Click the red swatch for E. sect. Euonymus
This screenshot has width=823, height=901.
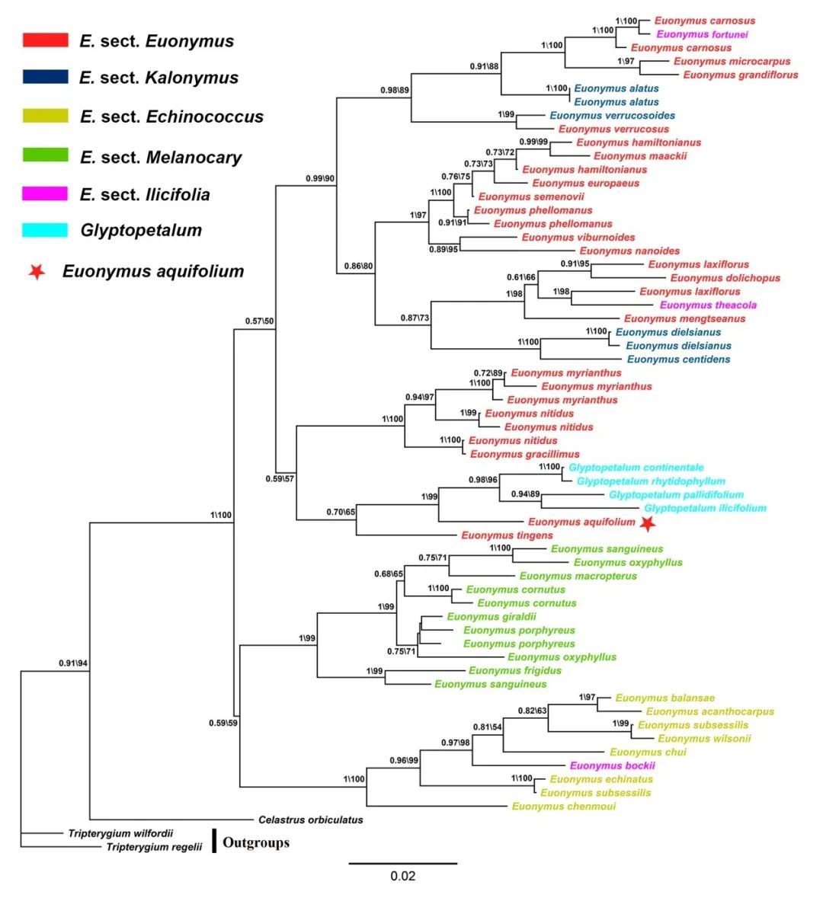[45, 40]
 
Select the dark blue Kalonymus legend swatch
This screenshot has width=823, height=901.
[45, 77]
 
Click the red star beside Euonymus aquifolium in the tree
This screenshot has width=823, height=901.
[648, 523]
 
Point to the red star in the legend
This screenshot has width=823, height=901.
[37, 271]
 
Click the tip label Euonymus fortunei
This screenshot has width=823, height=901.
[702, 34]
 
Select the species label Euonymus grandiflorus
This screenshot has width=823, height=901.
[740, 75]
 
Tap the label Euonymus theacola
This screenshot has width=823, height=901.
[708, 305]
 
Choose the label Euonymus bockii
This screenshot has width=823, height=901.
[612, 765]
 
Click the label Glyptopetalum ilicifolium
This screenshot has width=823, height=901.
[705, 508]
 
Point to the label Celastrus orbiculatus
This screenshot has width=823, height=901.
[310, 820]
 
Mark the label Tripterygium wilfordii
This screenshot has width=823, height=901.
[120, 833]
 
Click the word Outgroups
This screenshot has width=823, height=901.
[256, 842]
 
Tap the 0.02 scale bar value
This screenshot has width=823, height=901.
[403, 876]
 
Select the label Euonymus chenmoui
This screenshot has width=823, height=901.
[563, 807]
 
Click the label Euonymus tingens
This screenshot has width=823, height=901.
[507, 535]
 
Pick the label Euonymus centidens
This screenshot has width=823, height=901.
[678, 359]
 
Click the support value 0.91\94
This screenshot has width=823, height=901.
[73, 663]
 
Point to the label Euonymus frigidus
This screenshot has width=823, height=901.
[514, 671]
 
